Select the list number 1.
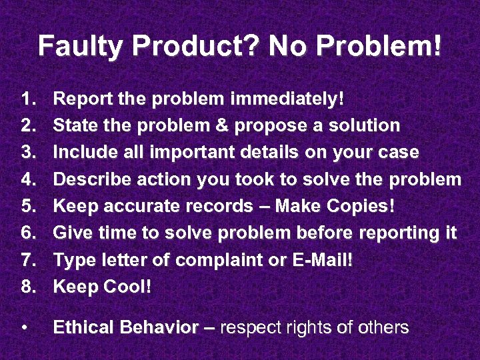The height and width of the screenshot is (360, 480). [28, 99]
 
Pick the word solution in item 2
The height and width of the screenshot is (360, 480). [364, 125]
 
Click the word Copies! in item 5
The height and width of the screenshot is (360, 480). [363, 206]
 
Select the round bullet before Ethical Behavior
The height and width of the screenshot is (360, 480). [24, 328]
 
